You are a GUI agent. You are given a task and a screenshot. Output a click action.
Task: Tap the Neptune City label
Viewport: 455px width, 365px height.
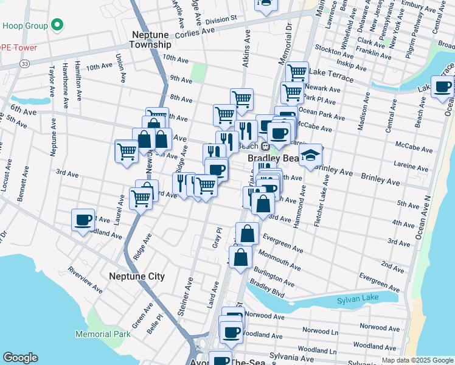136,276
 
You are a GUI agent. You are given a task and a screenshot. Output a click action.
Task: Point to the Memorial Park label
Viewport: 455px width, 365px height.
103,334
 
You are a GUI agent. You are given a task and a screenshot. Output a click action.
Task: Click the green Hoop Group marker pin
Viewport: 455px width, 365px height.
57,26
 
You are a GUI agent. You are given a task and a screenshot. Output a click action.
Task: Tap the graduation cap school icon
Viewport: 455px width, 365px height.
310,155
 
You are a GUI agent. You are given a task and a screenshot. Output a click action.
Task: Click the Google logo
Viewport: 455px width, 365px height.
20,358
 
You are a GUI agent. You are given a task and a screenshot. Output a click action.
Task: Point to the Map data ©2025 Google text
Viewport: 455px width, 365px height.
417,360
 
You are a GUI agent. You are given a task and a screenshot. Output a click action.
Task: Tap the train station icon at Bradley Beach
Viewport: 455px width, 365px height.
265,146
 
